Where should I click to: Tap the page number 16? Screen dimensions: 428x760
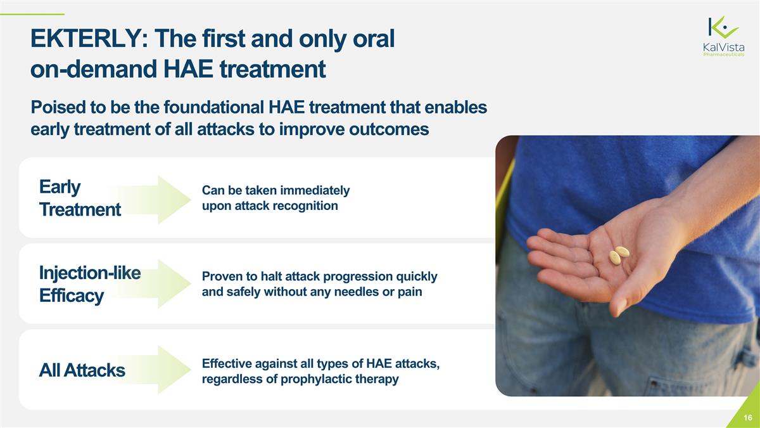coord(748,418)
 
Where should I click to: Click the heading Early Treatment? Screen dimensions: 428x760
coord(79,198)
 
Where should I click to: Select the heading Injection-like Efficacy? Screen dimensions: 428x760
coord(89,283)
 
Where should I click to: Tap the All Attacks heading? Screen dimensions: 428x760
coord(82,370)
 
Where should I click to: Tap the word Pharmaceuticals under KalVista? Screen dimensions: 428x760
coord(723,55)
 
